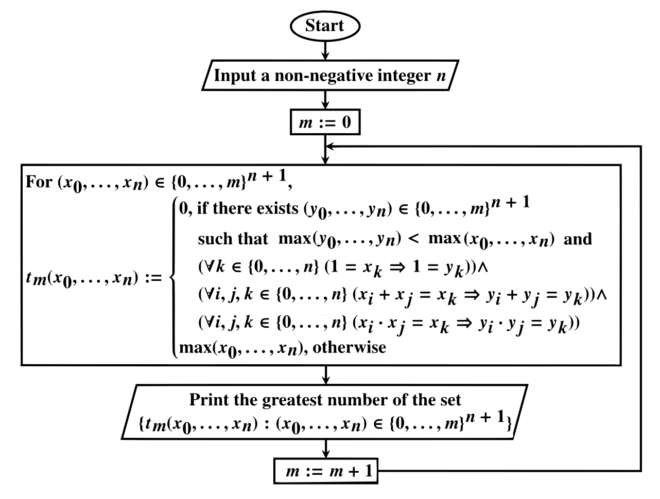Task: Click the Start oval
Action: (x=325, y=26)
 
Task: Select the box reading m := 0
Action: (x=325, y=124)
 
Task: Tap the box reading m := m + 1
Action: (x=325, y=471)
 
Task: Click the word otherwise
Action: (x=350, y=347)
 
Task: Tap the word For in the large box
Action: (x=38, y=183)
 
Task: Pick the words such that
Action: (x=233, y=239)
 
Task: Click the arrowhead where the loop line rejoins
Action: (x=330, y=147)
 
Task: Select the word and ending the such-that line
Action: (x=579, y=239)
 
